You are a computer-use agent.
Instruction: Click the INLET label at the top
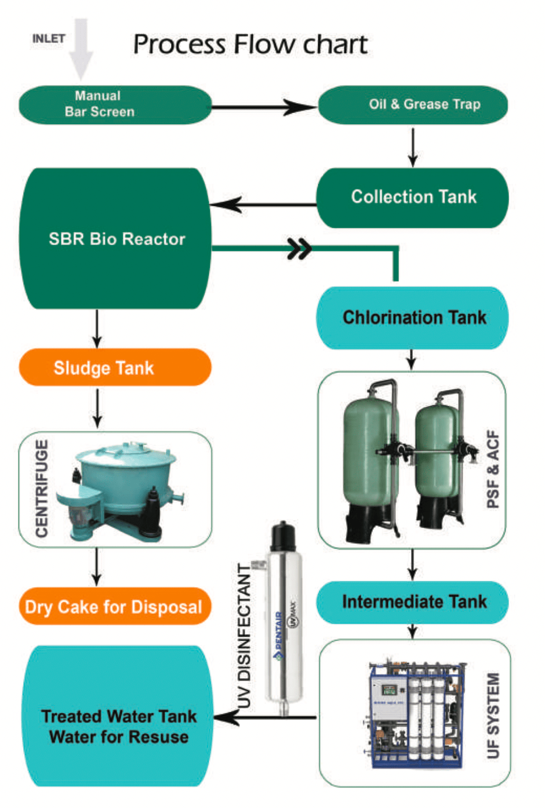[x=49, y=39]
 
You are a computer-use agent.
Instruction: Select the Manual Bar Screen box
[x=115, y=104]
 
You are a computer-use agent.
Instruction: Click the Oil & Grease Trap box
[x=413, y=104]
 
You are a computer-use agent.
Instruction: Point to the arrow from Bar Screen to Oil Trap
[x=264, y=107]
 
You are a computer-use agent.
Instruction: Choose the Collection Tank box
[x=413, y=197]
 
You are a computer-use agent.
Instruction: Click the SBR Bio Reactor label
[x=117, y=239]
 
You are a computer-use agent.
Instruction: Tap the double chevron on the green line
[x=300, y=249]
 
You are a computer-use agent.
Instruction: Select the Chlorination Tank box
[x=413, y=318]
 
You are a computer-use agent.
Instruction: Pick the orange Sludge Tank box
[x=115, y=367]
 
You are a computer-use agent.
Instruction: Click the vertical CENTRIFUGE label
[x=42, y=488]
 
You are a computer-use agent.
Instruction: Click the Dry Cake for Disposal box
[x=115, y=607]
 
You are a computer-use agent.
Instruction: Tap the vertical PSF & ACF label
[x=493, y=469]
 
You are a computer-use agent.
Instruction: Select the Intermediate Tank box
[x=413, y=602]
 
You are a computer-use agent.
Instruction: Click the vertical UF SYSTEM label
[x=493, y=715]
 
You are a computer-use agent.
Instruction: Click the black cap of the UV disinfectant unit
[x=284, y=537]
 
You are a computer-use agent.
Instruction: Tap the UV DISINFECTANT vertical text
[x=245, y=635]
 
